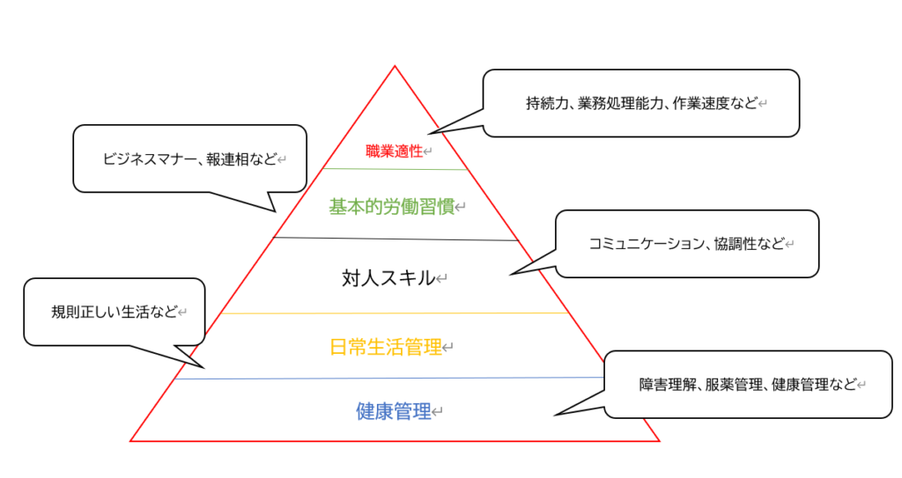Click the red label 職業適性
pos(394,151)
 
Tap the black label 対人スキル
pos(388,278)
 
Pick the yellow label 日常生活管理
pos(385,347)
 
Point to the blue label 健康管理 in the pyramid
pos(393,411)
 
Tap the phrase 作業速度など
pos(714,103)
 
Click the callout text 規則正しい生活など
pos(115,312)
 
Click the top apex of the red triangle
pos(394,66)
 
